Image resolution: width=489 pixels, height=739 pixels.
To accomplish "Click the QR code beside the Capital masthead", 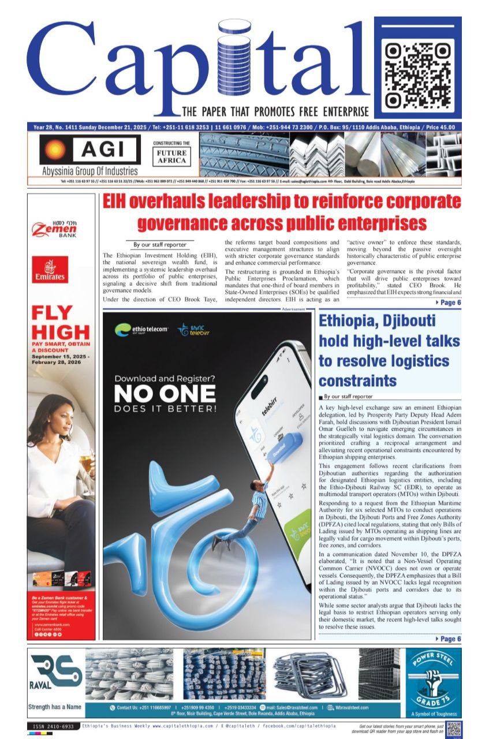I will [x=419, y=69].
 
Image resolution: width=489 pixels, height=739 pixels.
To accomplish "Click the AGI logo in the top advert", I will [x=89, y=150].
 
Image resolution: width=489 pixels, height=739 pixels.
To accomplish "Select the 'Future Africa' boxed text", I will [x=171, y=156].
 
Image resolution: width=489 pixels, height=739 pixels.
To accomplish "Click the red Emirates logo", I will [x=50, y=270].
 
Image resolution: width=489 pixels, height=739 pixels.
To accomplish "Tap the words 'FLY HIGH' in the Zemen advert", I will [x=61, y=323].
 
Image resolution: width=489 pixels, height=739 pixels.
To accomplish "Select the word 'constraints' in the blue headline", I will [x=357, y=380].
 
